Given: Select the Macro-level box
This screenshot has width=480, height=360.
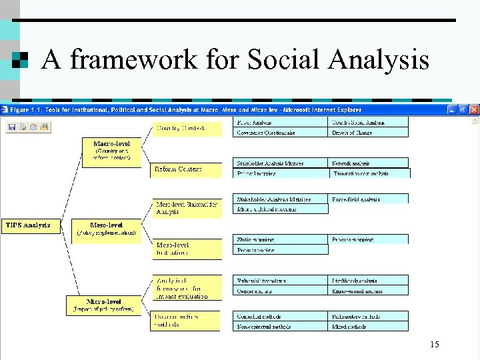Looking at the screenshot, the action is (x=111, y=153).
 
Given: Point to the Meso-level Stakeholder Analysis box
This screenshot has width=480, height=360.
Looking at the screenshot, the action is (x=186, y=208).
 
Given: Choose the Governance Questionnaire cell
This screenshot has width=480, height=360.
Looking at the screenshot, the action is (x=282, y=133).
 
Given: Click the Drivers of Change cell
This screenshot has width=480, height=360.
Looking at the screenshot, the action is (x=369, y=133).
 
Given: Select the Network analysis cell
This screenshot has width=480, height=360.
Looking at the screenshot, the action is (x=369, y=163).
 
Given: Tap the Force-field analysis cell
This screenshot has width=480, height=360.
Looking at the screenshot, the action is (x=369, y=199).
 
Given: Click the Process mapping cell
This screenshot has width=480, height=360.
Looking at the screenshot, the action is (x=369, y=239).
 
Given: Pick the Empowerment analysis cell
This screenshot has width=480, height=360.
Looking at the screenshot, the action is (x=369, y=291).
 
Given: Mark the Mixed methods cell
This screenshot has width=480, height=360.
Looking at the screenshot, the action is (x=369, y=327).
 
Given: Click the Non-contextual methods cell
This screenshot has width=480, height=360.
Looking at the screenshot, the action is (x=282, y=327).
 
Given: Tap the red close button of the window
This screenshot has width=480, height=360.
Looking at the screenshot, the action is (x=474, y=109).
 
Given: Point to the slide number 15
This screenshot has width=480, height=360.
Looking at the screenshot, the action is (x=435, y=344).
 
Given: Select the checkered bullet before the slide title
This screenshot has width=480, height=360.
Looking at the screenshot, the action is (x=21, y=60).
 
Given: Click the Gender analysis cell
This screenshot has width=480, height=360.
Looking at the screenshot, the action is (x=282, y=291).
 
